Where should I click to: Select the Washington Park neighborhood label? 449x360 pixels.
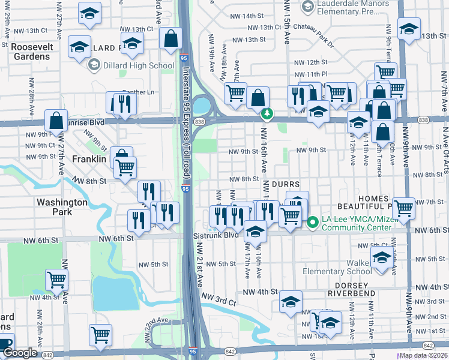(x=62, y=206)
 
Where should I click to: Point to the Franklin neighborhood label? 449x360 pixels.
(x=89, y=159)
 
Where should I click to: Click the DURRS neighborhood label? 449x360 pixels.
(x=285, y=182)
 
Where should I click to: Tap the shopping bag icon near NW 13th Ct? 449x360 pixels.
(x=171, y=39)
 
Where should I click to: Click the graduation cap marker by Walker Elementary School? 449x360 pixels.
(x=381, y=259)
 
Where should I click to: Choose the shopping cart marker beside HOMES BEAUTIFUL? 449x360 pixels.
(x=404, y=208)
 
